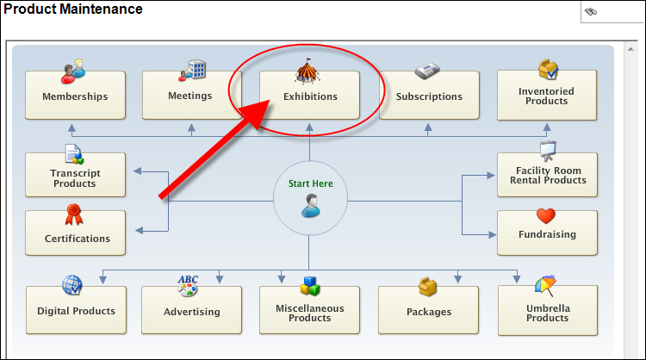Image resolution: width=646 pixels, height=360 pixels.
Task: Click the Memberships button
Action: (x=75, y=96)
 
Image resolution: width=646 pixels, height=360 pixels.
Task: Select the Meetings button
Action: (x=190, y=96)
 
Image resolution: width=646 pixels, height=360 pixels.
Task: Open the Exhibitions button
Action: (x=310, y=96)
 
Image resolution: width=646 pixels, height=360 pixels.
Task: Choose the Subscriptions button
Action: (x=429, y=96)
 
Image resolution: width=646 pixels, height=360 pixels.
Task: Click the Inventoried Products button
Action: (x=546, y=96)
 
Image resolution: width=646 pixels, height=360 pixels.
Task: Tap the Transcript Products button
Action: (x=74, y=178)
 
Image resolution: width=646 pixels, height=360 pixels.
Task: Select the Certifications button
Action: (x=77, y=238)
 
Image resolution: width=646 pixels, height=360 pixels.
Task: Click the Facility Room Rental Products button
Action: (x=546, y=175)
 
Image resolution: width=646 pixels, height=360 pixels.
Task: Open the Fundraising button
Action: (x=547, y=233)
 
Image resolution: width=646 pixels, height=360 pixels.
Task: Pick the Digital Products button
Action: (x=76, y=311)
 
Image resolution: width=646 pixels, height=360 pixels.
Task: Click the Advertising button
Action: (x=192, y=311)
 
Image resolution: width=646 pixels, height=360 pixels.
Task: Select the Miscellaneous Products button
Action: (x=310, y=313)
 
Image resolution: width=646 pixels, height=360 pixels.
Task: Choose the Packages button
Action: (x=429, y=311)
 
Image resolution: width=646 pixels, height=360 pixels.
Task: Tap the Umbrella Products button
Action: (x=547, y=313)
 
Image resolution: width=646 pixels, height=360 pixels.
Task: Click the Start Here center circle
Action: (x=310, y=197)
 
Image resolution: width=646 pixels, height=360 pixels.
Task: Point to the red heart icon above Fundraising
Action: (x=545, y=215)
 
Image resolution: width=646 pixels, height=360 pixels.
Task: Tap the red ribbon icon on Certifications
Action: (x=74, y=214)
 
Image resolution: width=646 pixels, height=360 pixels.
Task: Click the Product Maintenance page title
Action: (x=73, y=9)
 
